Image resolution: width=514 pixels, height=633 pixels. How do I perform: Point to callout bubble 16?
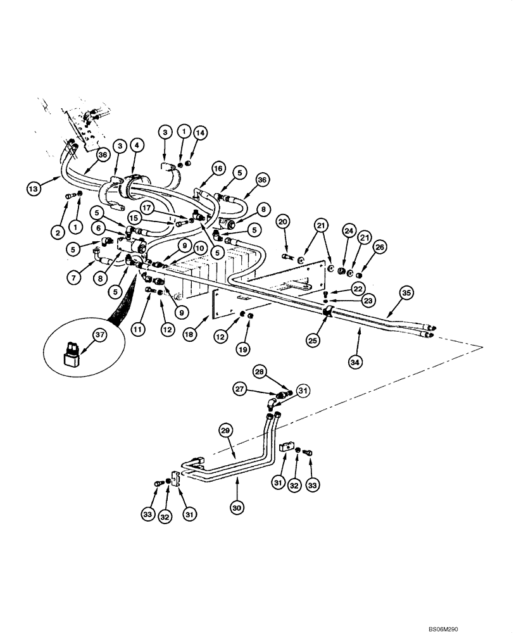218,169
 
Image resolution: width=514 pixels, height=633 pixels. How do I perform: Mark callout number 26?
380,246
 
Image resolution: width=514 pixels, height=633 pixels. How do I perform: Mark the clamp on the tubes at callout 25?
329,311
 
